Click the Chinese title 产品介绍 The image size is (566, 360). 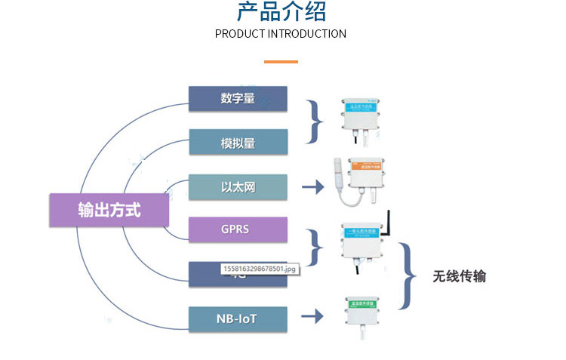[x=281, y=13]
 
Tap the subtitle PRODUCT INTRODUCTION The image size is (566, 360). [x=281, y=34]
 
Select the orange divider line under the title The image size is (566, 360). [x=281, y=62]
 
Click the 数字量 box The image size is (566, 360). [x=238, y=99]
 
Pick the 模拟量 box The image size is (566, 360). [x=238, y=143]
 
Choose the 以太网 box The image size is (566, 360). [x=238, y=186]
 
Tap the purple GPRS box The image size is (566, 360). [x=238, y=229]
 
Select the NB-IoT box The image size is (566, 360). [x=238, y=318]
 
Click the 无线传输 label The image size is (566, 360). [x=460, y=276]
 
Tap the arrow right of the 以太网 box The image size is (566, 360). [x=312, y=186]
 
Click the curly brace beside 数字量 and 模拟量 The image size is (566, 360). [x=315, y=121]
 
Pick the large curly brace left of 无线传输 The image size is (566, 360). [x=408, y=275]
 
